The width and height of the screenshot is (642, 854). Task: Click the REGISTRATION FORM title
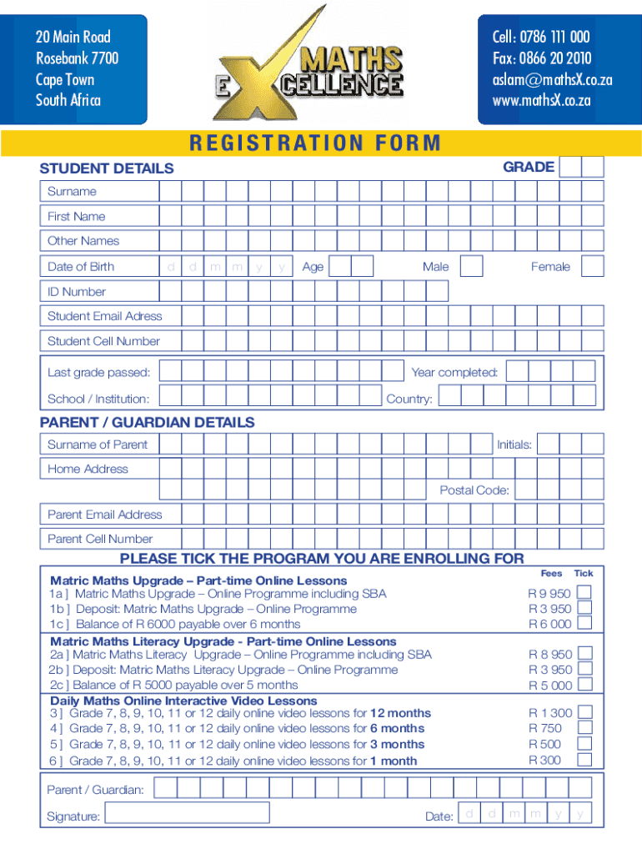pyautogui.click(x=314, y=143)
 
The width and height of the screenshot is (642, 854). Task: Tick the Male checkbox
pyautogui.click(x=471, y=266)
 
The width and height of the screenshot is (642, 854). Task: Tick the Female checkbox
pyautogui.click(x=592, y=266)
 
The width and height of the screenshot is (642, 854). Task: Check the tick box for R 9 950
pyautogui.click(x=585, y=592)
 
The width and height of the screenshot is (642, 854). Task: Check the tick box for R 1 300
pyautogui.click(x=585, y=712)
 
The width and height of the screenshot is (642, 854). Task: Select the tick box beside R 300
pyautogui.click(x=585, y=760)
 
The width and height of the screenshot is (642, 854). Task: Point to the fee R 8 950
pyautogui.click(x=550, y=655)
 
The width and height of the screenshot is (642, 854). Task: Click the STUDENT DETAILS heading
pyautogui.click(x=107, y=168)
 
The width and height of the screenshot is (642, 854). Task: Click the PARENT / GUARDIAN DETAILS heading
pyautogui.click(x=148, y=422)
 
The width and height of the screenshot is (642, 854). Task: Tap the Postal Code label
pyautogui.click(x=474, y=490)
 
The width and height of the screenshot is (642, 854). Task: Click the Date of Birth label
pyautogui.click(x=81, y=267)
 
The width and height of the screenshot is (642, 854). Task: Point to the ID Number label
pyautogui.click(x=77, y=292)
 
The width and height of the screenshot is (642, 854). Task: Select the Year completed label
pyautogui.click(x=454, y=372)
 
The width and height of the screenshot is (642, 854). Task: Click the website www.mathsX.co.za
pyautogui.click(x=541, y=100)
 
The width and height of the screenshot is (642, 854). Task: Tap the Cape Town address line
pyautogui.click(x=65, y=79)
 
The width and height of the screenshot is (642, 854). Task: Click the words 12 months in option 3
pyautogui.click(x=400, y=713)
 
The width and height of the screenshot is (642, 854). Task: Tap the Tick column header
pyautogui.click(x=584, y=573)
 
